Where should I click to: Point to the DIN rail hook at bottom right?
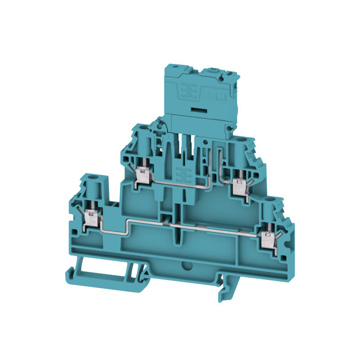[x=225, y=288]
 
